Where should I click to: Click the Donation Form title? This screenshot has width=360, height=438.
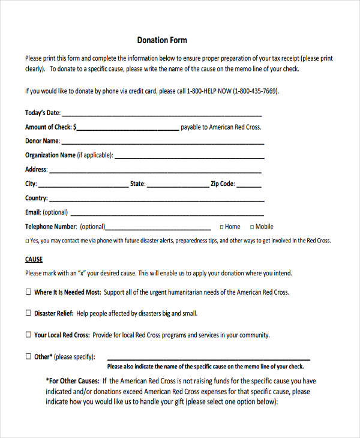[162, 40]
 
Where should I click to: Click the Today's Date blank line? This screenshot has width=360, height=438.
[162, 115]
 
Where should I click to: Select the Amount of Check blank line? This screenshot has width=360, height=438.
[128, 129]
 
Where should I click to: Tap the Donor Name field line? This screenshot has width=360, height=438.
[163, 143]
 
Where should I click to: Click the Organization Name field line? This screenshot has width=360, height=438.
[189, 158]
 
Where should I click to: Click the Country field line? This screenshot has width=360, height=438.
[157, 200]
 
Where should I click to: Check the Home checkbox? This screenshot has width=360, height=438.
[221, 227]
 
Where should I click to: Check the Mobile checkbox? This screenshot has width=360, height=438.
[252, 227]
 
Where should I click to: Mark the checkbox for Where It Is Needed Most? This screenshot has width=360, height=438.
[28, 292]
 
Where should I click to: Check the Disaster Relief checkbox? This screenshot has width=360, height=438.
[28, 313]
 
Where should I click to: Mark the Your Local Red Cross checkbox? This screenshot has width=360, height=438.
[28, 335]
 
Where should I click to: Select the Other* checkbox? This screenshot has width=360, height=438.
[28, 356]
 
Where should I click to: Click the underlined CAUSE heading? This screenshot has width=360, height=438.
[34, 259]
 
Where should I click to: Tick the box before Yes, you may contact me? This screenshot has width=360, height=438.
[26, 241]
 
